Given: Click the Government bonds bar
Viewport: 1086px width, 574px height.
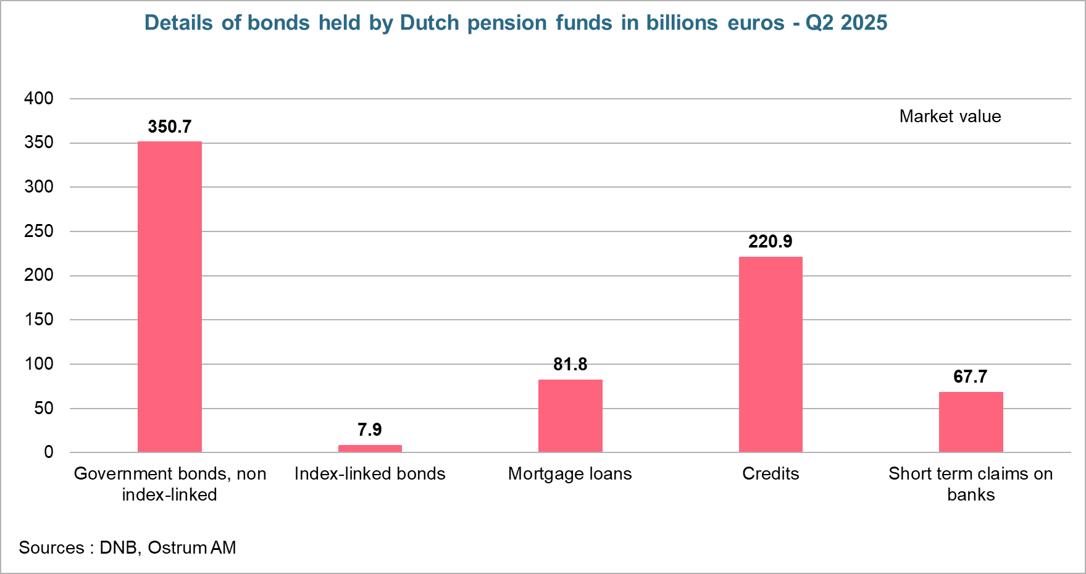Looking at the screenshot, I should click(x=169, y=296).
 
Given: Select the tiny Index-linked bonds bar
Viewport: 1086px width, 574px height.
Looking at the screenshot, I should click(x=370, y=448).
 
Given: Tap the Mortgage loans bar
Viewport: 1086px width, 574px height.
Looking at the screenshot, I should click(x=570, y=415).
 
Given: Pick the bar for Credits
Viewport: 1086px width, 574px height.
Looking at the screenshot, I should click(x=771, y=354).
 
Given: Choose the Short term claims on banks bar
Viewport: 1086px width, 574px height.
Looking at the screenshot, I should click(x=971, y=422).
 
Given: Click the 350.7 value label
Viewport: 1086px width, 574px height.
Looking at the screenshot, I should click(x=170, y=127).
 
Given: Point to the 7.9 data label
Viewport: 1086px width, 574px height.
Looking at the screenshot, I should click(x=370, y=430).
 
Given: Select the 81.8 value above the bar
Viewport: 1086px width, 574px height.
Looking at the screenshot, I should click(x=570, y=364).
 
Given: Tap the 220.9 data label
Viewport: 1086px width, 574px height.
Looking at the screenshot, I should click(x=771, y=241).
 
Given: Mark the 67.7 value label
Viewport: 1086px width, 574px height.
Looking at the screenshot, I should click(x=971, y=376).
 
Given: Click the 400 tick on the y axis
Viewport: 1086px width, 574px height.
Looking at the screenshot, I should click(x=39, y=98).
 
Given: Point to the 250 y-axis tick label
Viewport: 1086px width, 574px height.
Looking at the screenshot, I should click(x=39, y=231).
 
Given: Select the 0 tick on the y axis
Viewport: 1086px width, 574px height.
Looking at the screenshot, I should click(x=48, y=452).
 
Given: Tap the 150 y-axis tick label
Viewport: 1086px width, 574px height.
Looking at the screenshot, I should click(x=39, y=320).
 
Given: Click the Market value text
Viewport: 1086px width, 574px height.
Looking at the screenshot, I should click(x=950, y=116).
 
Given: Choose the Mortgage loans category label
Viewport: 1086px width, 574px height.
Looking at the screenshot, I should click(x=570, y=473).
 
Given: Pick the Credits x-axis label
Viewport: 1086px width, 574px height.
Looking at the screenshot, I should click(x=771, y=473).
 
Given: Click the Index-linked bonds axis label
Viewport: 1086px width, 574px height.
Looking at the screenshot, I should click(x=370, y=473).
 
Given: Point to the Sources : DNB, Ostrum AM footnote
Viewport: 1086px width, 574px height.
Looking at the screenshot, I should click(x=127, y=547).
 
